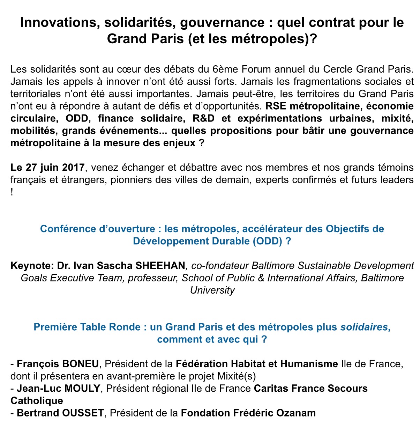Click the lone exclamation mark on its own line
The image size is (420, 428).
click(x=12, y=193)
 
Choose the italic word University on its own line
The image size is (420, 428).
click(x=212, y=290)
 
